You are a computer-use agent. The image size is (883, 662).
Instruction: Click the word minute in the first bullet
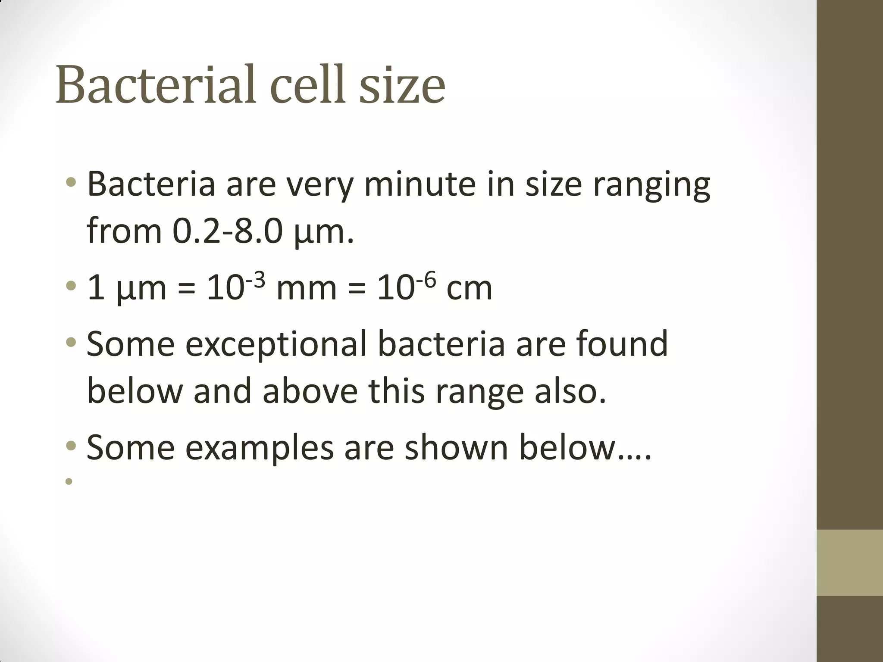tap(420, 184)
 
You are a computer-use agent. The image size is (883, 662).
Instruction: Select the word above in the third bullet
tap(310, 391)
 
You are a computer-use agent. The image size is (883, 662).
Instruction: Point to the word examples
tap(260, 448)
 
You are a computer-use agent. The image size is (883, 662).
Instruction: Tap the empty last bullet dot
tap(69, 481)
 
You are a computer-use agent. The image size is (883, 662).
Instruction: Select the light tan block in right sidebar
tap(849, 563)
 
